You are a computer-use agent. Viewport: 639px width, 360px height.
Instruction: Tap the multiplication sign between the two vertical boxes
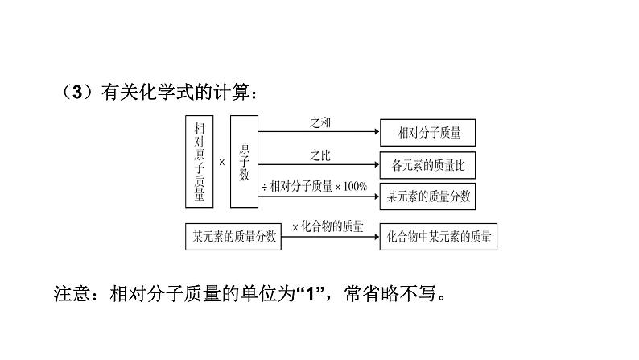point(222,162)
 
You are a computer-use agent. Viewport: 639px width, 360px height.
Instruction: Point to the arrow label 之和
point(320,122)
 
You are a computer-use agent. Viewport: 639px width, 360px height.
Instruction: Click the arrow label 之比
point(320,155)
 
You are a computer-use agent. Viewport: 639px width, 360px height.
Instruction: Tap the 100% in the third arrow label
point(355,186)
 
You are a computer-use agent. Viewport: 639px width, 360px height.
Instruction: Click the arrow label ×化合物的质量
point(328,226)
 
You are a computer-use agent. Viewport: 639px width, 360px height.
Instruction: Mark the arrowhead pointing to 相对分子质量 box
point(377,132)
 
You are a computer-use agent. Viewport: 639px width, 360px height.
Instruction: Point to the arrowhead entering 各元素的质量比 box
point(377,164)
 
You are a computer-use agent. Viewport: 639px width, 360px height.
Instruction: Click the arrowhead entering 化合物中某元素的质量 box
point(377,237)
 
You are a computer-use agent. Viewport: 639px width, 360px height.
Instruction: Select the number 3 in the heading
point(77,92)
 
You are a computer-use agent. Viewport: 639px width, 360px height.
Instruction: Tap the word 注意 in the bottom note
point(72,293)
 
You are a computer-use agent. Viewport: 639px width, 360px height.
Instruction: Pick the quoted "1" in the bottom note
point(311,293)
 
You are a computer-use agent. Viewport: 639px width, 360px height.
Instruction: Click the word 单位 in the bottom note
point(258,293)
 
